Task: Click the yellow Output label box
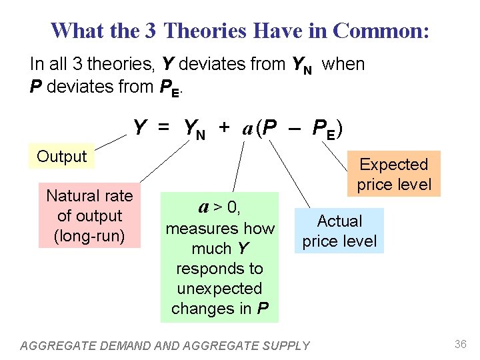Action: tap(62, 157)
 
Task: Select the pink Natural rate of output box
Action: tap(89, 215)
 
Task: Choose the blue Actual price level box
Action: tap(339, 231)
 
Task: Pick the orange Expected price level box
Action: tap(393, 174)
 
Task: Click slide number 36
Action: tap(460, 344)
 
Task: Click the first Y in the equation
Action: tap(140, 127)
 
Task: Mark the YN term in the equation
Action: tap(194, 129)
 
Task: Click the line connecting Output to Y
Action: tap(110, 142)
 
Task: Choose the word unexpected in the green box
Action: tap(220, 289)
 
